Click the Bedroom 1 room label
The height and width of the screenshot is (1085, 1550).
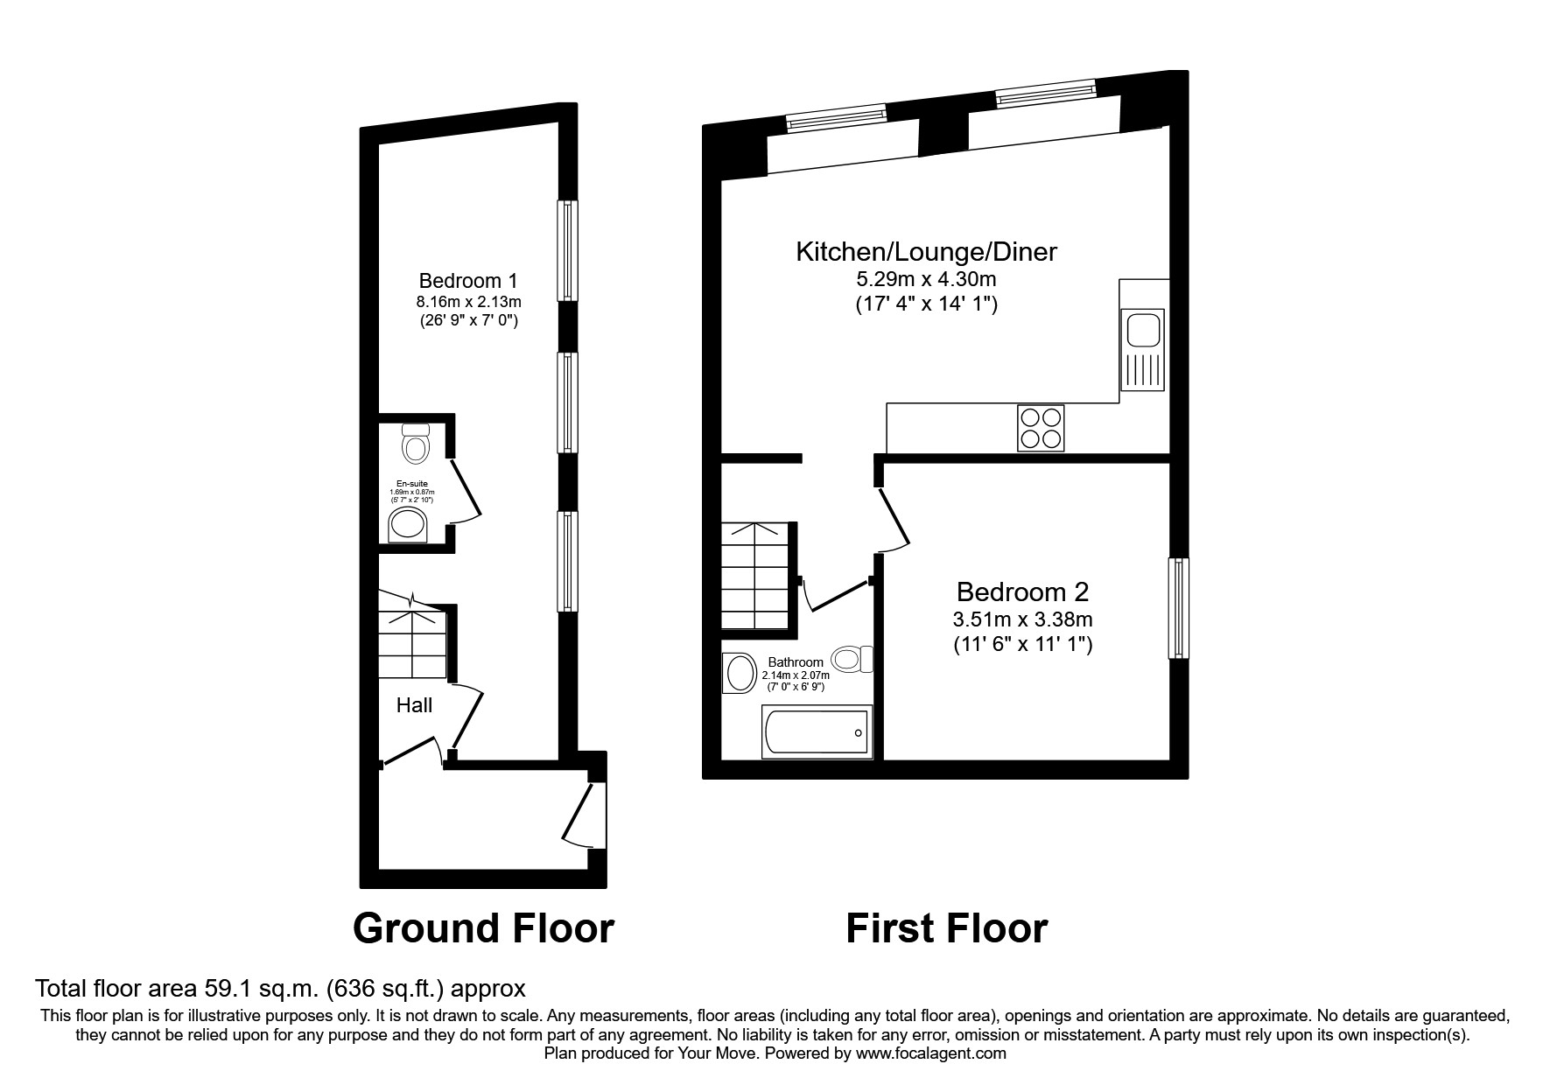pos(468,281)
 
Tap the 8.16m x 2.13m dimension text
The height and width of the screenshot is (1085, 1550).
pos(468,302)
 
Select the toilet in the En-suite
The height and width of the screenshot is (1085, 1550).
pos(415,445)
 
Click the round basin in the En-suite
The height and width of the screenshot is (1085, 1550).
pos(408,525)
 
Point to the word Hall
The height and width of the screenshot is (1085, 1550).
pos(414,705)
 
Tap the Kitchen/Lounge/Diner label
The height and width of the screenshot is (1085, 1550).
pos(926,252)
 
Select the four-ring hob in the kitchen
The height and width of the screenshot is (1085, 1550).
pos(1041,428)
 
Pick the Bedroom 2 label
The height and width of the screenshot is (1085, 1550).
pos(1022,592)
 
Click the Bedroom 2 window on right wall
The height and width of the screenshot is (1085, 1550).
pos(1179,607)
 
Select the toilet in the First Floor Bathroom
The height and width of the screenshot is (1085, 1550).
pos(852,658)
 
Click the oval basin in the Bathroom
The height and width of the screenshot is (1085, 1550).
pos(740,675)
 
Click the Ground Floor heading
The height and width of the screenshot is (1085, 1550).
pos(483,928)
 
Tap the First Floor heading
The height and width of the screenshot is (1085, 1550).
pos(946,928)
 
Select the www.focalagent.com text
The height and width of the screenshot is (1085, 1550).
pos(930,1053)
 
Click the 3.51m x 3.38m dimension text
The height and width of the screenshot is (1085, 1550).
pos(1022,620)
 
